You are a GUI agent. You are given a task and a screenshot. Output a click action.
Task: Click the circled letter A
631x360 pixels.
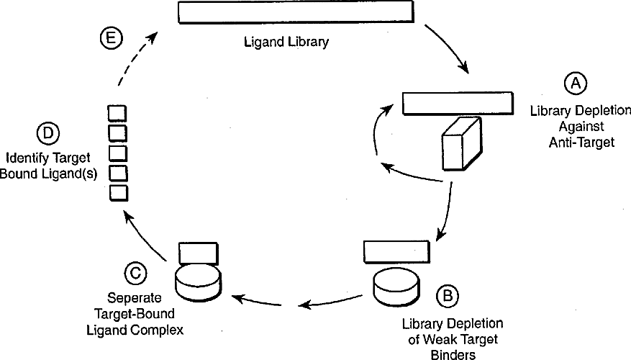(x=575, y=84)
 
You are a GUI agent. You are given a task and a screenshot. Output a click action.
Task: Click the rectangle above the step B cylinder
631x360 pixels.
(x=396, y=251)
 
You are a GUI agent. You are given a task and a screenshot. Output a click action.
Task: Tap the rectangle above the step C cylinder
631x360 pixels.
(x=197, y=253)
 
